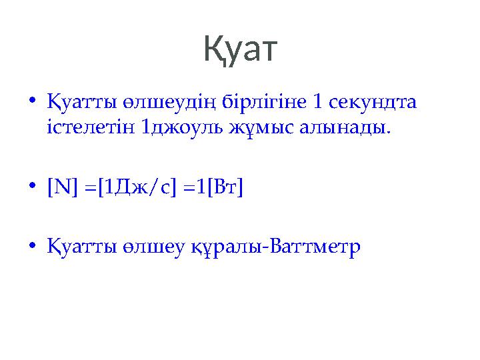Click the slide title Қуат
(x=239, y=51)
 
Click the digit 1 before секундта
(x=319, y=103)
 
